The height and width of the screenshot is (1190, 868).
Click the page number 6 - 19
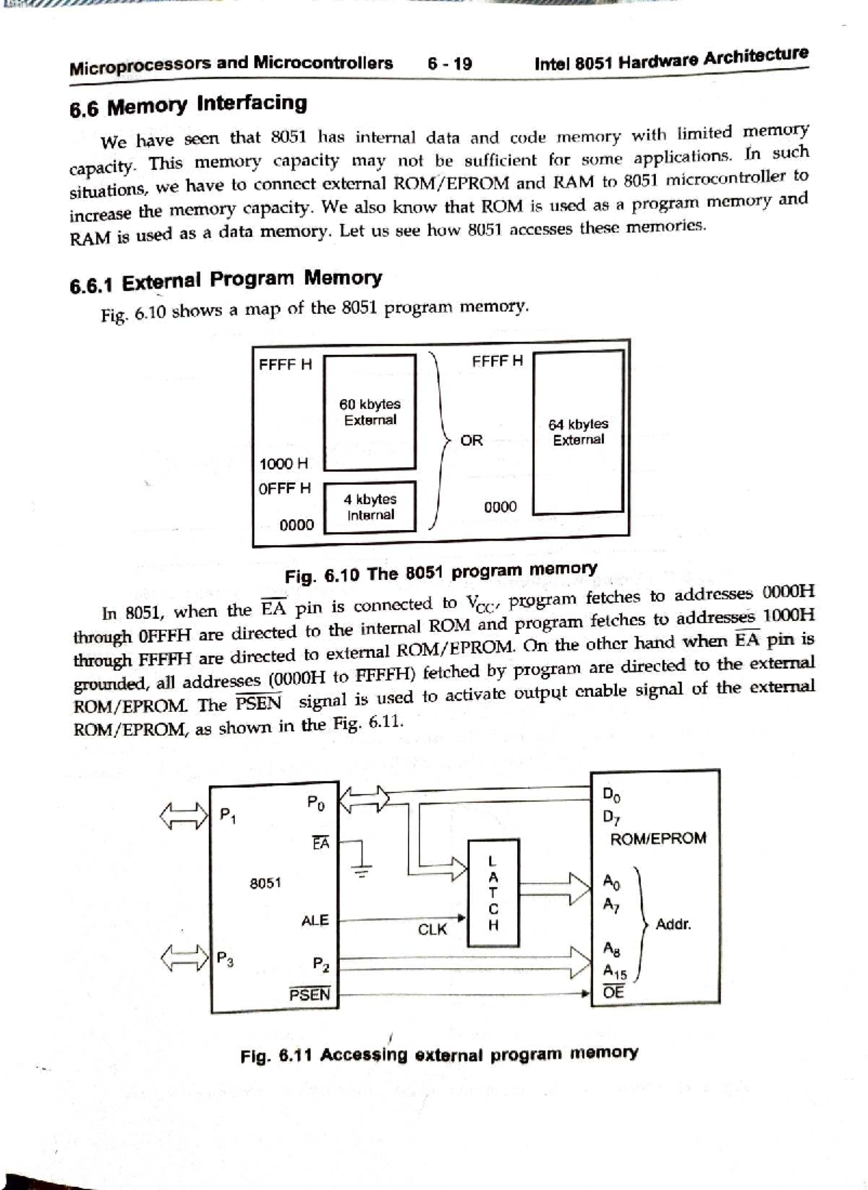tap(449, 64)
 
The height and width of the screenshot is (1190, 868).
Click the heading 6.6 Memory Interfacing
tap(188, 106)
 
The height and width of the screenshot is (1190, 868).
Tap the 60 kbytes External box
tap(370, 411)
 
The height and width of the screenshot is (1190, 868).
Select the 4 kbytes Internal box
tap(370, 507)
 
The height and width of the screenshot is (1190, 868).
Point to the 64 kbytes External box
tap(578, 432)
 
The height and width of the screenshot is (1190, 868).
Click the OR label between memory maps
tap(471, 440)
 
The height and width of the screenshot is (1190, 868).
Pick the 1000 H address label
tap(283, 463)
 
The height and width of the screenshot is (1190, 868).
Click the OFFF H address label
tap(284, 489)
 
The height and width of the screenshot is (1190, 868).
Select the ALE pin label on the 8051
tap(315, 920)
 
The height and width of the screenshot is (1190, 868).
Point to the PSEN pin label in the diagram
tap(310, 994)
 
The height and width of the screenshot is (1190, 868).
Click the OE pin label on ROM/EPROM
tap(613, 992)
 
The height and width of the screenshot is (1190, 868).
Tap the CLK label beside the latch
tap(433, 929)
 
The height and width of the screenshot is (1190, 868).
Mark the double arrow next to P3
tap(183, 959)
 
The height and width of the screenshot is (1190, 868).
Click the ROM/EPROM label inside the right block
tap(658, 839)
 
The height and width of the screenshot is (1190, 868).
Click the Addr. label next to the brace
tap(673, 924)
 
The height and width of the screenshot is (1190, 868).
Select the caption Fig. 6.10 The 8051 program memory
tap(441, 573)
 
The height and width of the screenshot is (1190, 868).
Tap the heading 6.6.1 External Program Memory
tap(226, 281)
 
